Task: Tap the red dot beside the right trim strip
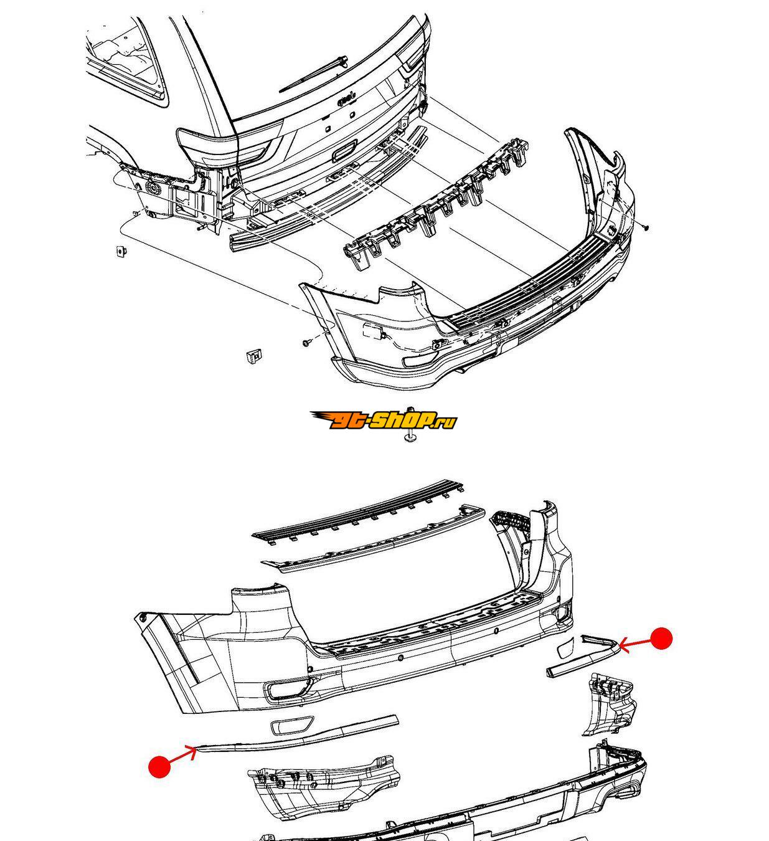pos(661,639)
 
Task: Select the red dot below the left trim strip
pos(159,766)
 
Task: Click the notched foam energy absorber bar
pos(436,203)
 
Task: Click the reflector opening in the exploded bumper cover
pos(289,689)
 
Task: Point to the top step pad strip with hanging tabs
pos(358,512)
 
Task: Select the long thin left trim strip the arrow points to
pos(298,736)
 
